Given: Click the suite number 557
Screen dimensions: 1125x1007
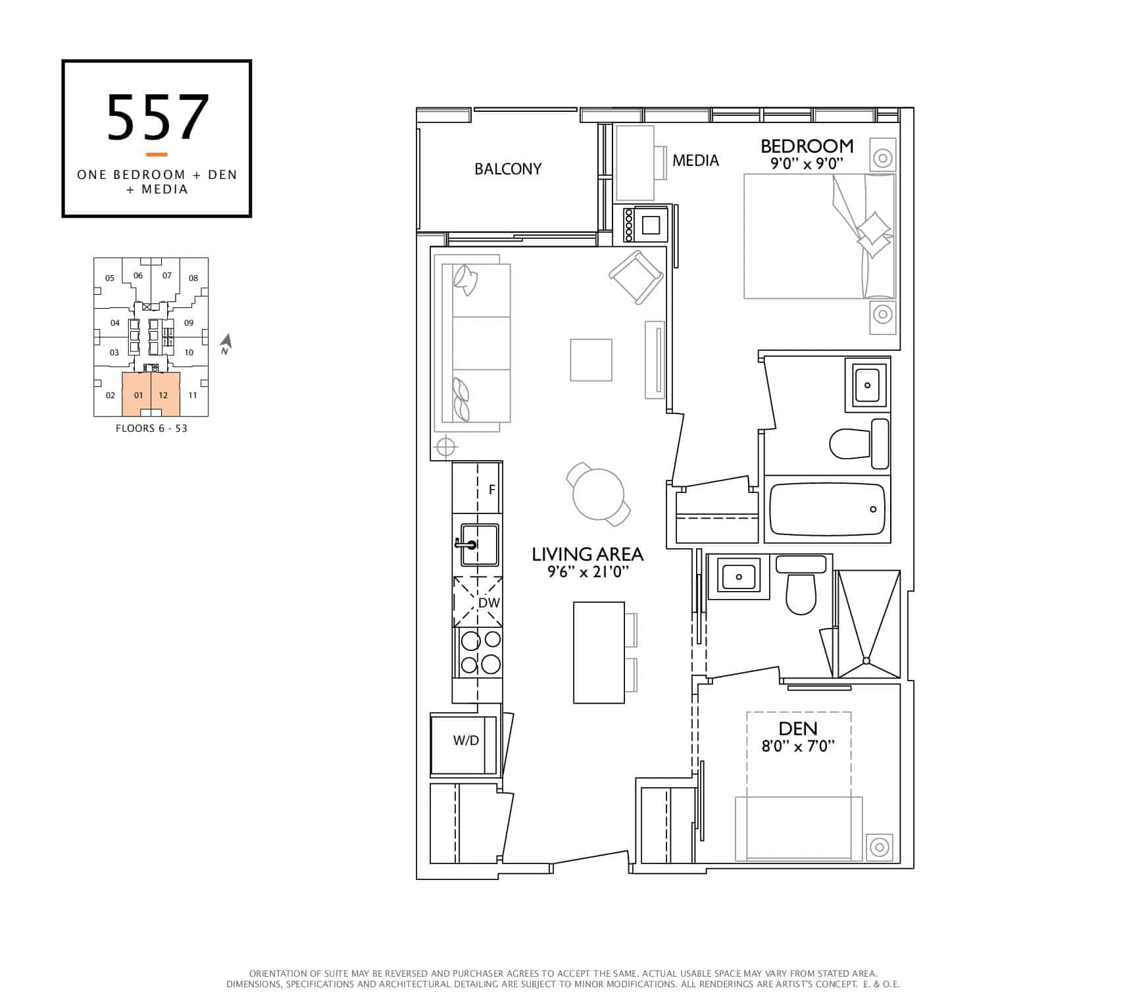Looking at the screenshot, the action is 158,118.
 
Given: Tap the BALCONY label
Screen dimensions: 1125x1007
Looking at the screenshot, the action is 508,169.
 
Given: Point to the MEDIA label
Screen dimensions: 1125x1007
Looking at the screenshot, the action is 695,160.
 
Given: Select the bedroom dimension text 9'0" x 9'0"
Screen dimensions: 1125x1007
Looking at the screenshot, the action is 807,164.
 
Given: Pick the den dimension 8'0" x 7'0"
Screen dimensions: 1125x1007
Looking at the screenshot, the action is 798,746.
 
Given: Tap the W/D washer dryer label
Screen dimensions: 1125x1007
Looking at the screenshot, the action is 466,740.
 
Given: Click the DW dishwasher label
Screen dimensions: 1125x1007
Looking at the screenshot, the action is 489,603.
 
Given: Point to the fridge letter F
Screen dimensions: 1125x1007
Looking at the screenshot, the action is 491,490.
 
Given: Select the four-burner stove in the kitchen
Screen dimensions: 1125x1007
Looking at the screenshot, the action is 478,652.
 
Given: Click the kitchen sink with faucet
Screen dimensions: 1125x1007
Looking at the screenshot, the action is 478,545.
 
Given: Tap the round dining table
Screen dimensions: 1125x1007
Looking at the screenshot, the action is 598,494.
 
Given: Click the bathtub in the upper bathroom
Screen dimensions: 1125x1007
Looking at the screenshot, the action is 827,509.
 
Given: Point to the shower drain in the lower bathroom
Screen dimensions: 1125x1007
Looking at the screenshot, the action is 866,661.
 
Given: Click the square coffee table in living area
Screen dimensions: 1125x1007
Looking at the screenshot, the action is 591,360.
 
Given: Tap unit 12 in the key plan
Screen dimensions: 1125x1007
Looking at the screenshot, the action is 163,396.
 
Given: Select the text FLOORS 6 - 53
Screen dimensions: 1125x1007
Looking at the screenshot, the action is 151,428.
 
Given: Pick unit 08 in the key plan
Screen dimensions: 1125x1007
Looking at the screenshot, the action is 193,278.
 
